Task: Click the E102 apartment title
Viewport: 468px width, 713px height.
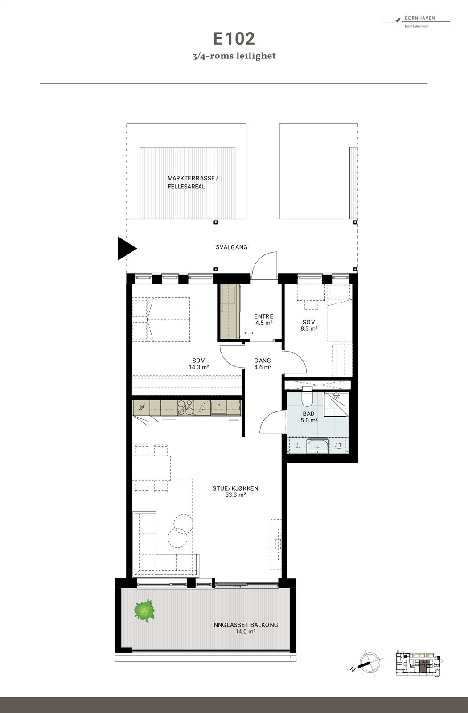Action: pyautogui.click(x=234, y=39)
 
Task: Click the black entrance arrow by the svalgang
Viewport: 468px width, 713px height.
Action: pyautogui.click(x=126, y=248)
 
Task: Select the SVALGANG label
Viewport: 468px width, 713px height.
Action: pyautogui.click(x=231, y=247)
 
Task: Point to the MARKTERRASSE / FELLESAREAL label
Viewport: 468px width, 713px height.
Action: pyautogui.click(x=193, y=182)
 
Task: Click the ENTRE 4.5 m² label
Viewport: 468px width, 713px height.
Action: pyautogui.click(x=263, y=320)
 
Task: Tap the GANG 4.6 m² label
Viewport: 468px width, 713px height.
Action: pyautogui.click(x=263, y=364)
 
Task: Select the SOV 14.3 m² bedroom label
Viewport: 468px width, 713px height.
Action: pyautogui.click(x=199, y=364)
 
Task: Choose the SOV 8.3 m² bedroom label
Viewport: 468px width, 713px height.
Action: pyautogui.click(x=309, y=325)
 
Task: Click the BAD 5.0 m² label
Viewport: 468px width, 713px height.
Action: pyautogui.click(x=308, y=417)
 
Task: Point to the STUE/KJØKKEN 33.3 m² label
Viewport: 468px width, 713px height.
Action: pyautogui.click(x=235, y=492)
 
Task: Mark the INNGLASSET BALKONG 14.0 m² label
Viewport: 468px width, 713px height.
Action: pyautogui.click(x=245, y=628)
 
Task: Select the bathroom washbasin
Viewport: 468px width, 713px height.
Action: pyautogui.click(x=317, y=445)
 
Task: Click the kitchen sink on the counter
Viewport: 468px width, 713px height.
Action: pyautogui.click(x=219, y=406)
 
